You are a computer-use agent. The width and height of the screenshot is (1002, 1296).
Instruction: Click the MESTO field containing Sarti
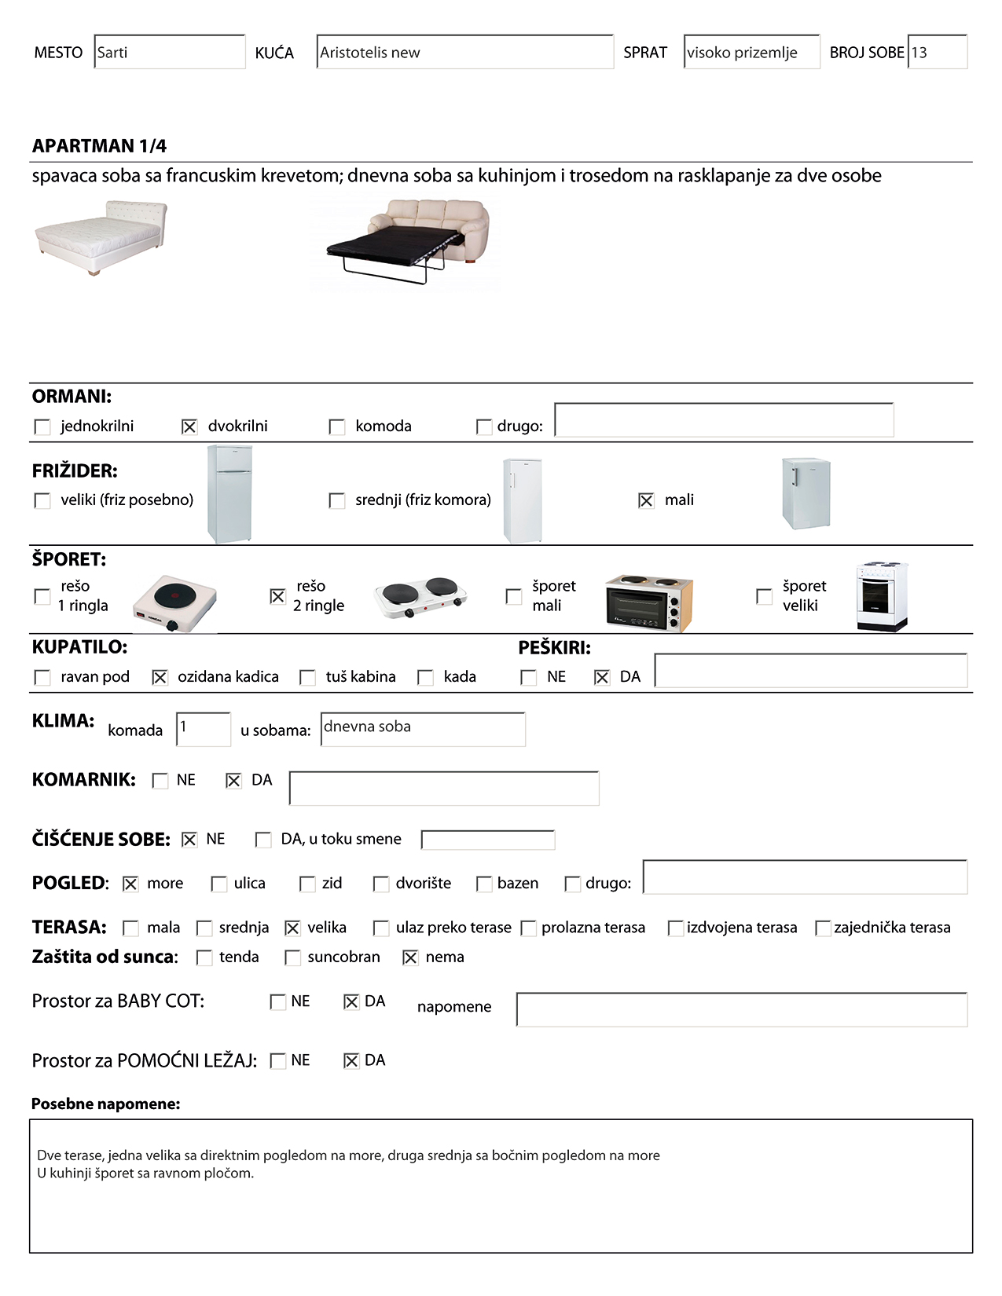coord(169,53)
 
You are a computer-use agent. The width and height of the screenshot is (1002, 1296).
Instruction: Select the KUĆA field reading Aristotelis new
coord(464,53)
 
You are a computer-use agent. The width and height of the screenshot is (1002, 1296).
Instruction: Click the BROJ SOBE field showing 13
coord(937,53)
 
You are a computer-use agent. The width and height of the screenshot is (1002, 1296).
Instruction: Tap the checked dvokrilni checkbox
coord(189,427)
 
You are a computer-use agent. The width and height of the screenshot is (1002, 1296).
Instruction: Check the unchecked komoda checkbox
coord(337,427)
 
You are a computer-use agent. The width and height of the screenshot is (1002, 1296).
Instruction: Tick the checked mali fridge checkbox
coord(646,500)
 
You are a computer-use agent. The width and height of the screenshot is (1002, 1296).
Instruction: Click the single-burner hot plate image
coord(174,603)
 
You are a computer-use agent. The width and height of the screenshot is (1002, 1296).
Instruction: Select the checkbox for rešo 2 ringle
coord(277,597)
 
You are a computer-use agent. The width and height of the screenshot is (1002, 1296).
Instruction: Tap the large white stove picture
coord(882,595)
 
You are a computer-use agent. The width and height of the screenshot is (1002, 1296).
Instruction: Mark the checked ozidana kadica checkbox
coord(160,677)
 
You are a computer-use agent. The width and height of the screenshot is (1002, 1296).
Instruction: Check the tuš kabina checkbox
coord(308,677)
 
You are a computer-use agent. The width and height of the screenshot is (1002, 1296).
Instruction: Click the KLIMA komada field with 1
coord(204,729)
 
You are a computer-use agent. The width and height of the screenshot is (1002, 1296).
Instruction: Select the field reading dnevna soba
coord(423,729)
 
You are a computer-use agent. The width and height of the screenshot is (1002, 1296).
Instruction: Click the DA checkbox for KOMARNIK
coord(233,781)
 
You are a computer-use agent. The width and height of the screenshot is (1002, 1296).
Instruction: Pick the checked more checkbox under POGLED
coord(130,884)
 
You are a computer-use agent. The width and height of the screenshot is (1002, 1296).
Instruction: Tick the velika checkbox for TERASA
coord(292,928)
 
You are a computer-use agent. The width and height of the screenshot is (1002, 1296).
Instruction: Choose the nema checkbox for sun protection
coord(410,957)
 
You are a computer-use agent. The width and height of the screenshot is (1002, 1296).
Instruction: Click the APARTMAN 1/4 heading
coord(100,146)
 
